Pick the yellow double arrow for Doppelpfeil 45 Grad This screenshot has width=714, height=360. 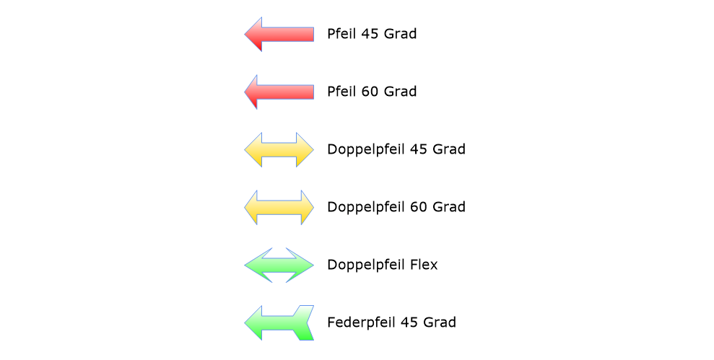click(279, 149)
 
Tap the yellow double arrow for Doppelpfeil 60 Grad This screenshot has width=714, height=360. click(279, 207)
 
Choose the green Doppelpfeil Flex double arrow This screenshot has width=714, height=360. click(279, 265)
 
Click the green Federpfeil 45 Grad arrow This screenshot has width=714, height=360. click(279, 322)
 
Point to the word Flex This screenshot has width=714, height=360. click(423, 265)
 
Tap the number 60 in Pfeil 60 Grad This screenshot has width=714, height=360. click(370, 92)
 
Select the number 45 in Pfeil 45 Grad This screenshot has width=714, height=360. click(370, 34)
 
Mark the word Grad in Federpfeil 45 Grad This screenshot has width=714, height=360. click(440, 322)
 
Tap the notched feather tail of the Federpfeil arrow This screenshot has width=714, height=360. click(304, 322)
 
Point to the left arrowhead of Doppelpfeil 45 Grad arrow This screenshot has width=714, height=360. click(253, 149)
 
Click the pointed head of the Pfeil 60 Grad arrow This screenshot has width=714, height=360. click(252, 92)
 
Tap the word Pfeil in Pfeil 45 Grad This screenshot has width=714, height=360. click(342, 34)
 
